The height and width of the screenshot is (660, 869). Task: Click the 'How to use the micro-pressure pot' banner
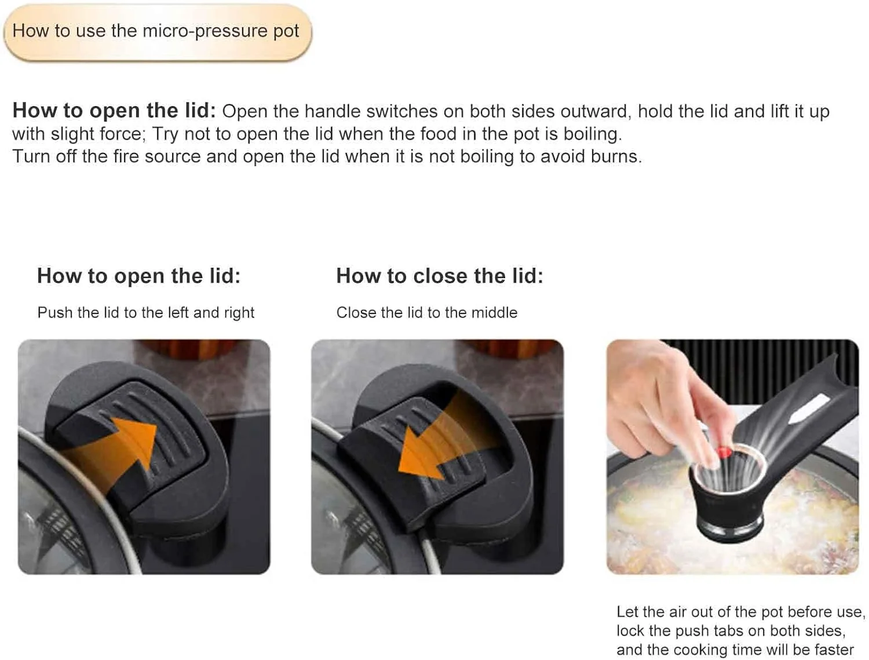158,32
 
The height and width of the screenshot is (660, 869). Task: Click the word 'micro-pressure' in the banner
205,31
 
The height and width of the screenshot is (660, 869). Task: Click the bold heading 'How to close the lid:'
440,276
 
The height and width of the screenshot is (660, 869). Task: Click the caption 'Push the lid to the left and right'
145,313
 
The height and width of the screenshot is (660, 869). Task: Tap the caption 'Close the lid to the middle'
427,313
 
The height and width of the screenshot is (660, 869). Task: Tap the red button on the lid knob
724,451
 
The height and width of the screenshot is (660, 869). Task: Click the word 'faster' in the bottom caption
834,650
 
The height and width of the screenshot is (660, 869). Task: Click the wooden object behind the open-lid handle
186,351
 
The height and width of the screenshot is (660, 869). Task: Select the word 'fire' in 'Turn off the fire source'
126,156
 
